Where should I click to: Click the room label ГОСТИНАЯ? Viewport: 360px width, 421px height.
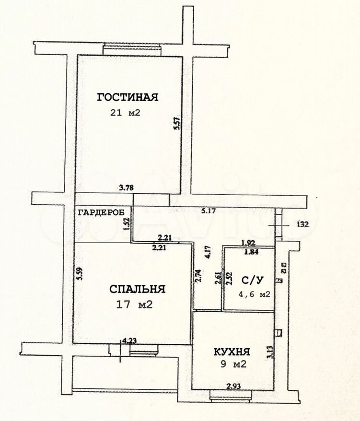pyautogui.click(x=127, y=97)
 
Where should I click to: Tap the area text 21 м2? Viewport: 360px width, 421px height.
pyautogui.click(x=125, y=113)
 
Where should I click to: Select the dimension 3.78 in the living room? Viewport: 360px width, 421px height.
pyautogui.click(x=126, y=188)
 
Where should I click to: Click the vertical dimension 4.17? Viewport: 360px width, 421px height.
pyautogui.click(x=207, y=252)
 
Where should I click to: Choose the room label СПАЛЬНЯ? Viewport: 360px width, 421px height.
pyautogui.click(x=137, y=289)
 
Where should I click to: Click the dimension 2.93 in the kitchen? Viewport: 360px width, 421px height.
pyautogui.click(x=233, y=386)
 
